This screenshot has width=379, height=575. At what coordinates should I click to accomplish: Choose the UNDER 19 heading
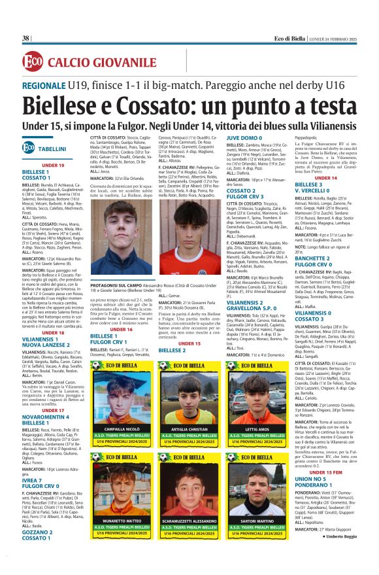tap(52, 165)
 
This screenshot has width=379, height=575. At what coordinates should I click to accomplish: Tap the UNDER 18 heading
tap(52, 333)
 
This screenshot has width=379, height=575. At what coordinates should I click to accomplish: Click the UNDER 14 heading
tap(324, 178)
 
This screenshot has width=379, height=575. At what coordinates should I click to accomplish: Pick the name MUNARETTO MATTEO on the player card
tap(121, 520)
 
